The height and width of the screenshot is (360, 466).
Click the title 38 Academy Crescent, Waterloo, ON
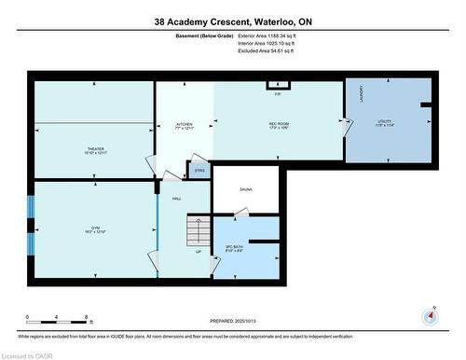[x=233, y=19]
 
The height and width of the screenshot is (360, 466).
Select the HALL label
[x=176, y=199]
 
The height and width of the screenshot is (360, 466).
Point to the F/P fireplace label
[x=278, y=93]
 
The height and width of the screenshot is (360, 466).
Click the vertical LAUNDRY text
[x=360, y=98]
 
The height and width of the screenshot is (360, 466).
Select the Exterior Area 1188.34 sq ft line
[x=259, y=35]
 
